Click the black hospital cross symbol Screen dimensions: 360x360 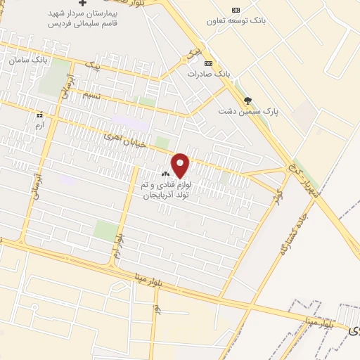pos(84,4)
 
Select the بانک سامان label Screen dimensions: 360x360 pos(29,60)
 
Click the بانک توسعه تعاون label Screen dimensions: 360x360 pos(236,21)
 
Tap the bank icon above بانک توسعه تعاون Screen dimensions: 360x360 pos(236,10)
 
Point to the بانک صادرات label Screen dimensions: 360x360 pos(209,73)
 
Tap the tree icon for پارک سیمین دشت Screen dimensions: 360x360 pos(247,101)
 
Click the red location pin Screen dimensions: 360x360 pos(181,165)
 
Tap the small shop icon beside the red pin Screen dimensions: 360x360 pos(166,174)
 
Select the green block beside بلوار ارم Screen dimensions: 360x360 pos(105,230)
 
